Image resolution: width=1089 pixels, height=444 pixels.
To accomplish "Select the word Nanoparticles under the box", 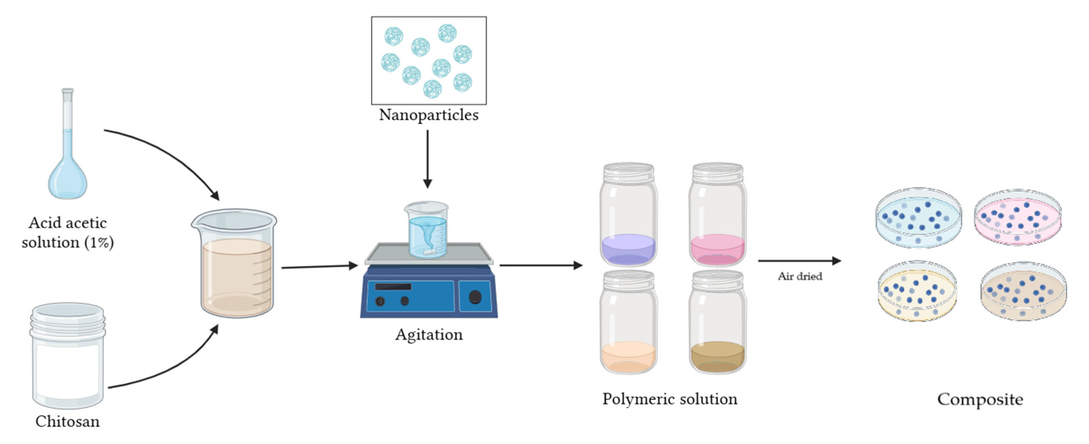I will click(429, 115).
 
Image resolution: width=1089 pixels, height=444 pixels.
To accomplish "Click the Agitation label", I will click(429, 335).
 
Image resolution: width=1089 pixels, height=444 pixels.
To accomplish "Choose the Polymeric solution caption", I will click(670, 399).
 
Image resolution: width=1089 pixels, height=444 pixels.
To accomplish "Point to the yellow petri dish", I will click(917, 292).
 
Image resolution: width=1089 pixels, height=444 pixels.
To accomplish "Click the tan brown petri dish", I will click(1023, 292).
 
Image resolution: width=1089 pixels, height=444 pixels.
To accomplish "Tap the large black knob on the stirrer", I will click(475, 297).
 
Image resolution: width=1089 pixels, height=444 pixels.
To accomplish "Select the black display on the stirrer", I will click(393, 287).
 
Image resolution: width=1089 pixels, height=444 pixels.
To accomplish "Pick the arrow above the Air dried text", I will click(799, 261).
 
